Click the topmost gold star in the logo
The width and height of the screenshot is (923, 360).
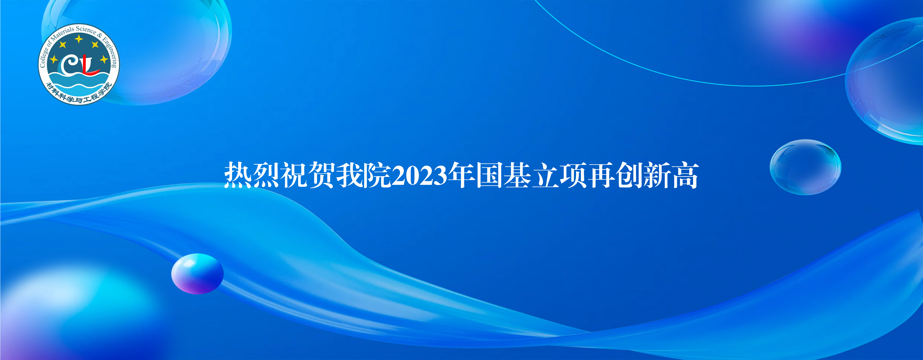(79, 38)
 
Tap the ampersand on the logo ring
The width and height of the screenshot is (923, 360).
(100, 35)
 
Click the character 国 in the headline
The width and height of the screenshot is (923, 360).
(489, 175)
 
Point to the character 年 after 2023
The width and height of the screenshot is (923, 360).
(462, 175)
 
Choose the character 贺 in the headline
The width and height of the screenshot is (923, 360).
(322, 175)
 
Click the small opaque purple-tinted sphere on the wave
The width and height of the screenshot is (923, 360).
(198, 274)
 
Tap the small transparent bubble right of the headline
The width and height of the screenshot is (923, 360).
(805, 167)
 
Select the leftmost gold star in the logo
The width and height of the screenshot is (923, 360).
(54, 59)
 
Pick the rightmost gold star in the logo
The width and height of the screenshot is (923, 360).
(104, 59)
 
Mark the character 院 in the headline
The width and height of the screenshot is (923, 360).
(377, 175)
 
